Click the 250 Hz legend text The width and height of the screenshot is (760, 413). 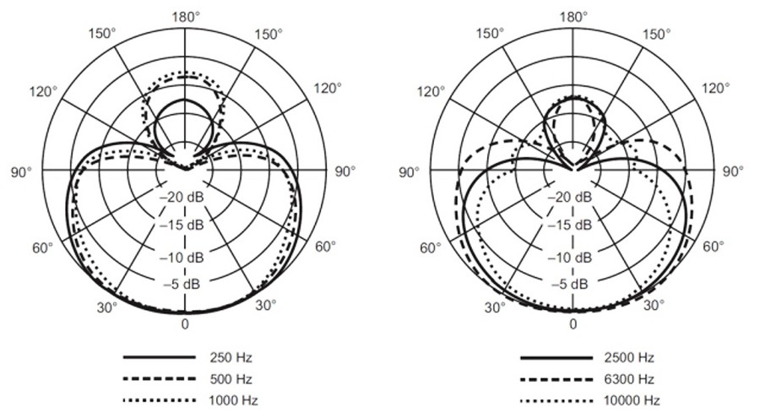(x=231, y=358)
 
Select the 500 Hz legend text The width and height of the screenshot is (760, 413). (x=231, y=379)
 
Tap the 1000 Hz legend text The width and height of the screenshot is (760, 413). (x=233, y=400)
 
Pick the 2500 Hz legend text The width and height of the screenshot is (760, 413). (x=628, y=358)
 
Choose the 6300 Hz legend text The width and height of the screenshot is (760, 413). (x=628, y=379)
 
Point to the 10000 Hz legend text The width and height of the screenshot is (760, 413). (x=632, y=400)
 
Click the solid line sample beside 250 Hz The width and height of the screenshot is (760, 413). (x=160, y=357)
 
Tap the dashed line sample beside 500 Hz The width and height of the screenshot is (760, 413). (x=160, y=378)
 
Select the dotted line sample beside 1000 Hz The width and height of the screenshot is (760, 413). (x=160, y=400)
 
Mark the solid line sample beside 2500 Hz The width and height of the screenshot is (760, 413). (x=556, y=358)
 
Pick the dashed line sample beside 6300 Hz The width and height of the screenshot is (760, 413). (x=556, y=379)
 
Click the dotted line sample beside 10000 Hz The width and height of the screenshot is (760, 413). (x=556, y=401)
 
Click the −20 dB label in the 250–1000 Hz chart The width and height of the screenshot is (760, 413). (x=182, y=198)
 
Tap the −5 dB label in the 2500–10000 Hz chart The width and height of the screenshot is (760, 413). (x=569, y=284)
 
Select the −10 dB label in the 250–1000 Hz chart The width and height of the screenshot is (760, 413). (x=182, y=258)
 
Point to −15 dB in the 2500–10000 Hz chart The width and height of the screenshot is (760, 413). (x=570, y=225)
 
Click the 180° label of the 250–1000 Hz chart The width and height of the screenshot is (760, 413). (x=186, y=17)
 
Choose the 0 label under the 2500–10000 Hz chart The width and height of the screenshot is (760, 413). (x=573, y=323)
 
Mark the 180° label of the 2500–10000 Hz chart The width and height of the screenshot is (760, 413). (x=573, y=17)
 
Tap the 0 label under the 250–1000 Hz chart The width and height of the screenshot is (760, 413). (x=185, y=323)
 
